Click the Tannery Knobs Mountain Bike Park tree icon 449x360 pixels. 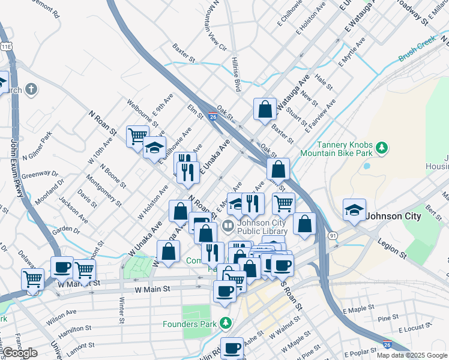pyautogui.click(x=381, y=147)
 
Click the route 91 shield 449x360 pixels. pyautogui.click(x=333, y=236)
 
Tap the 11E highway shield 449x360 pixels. pyautogui.click(x=6, y=46)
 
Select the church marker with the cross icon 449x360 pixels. pyautogui.click(x=31, y=90)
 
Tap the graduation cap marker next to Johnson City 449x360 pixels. pyautogui.click(x=354, y=209)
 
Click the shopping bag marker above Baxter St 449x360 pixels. pyautogui.click(x=265, y=109)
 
